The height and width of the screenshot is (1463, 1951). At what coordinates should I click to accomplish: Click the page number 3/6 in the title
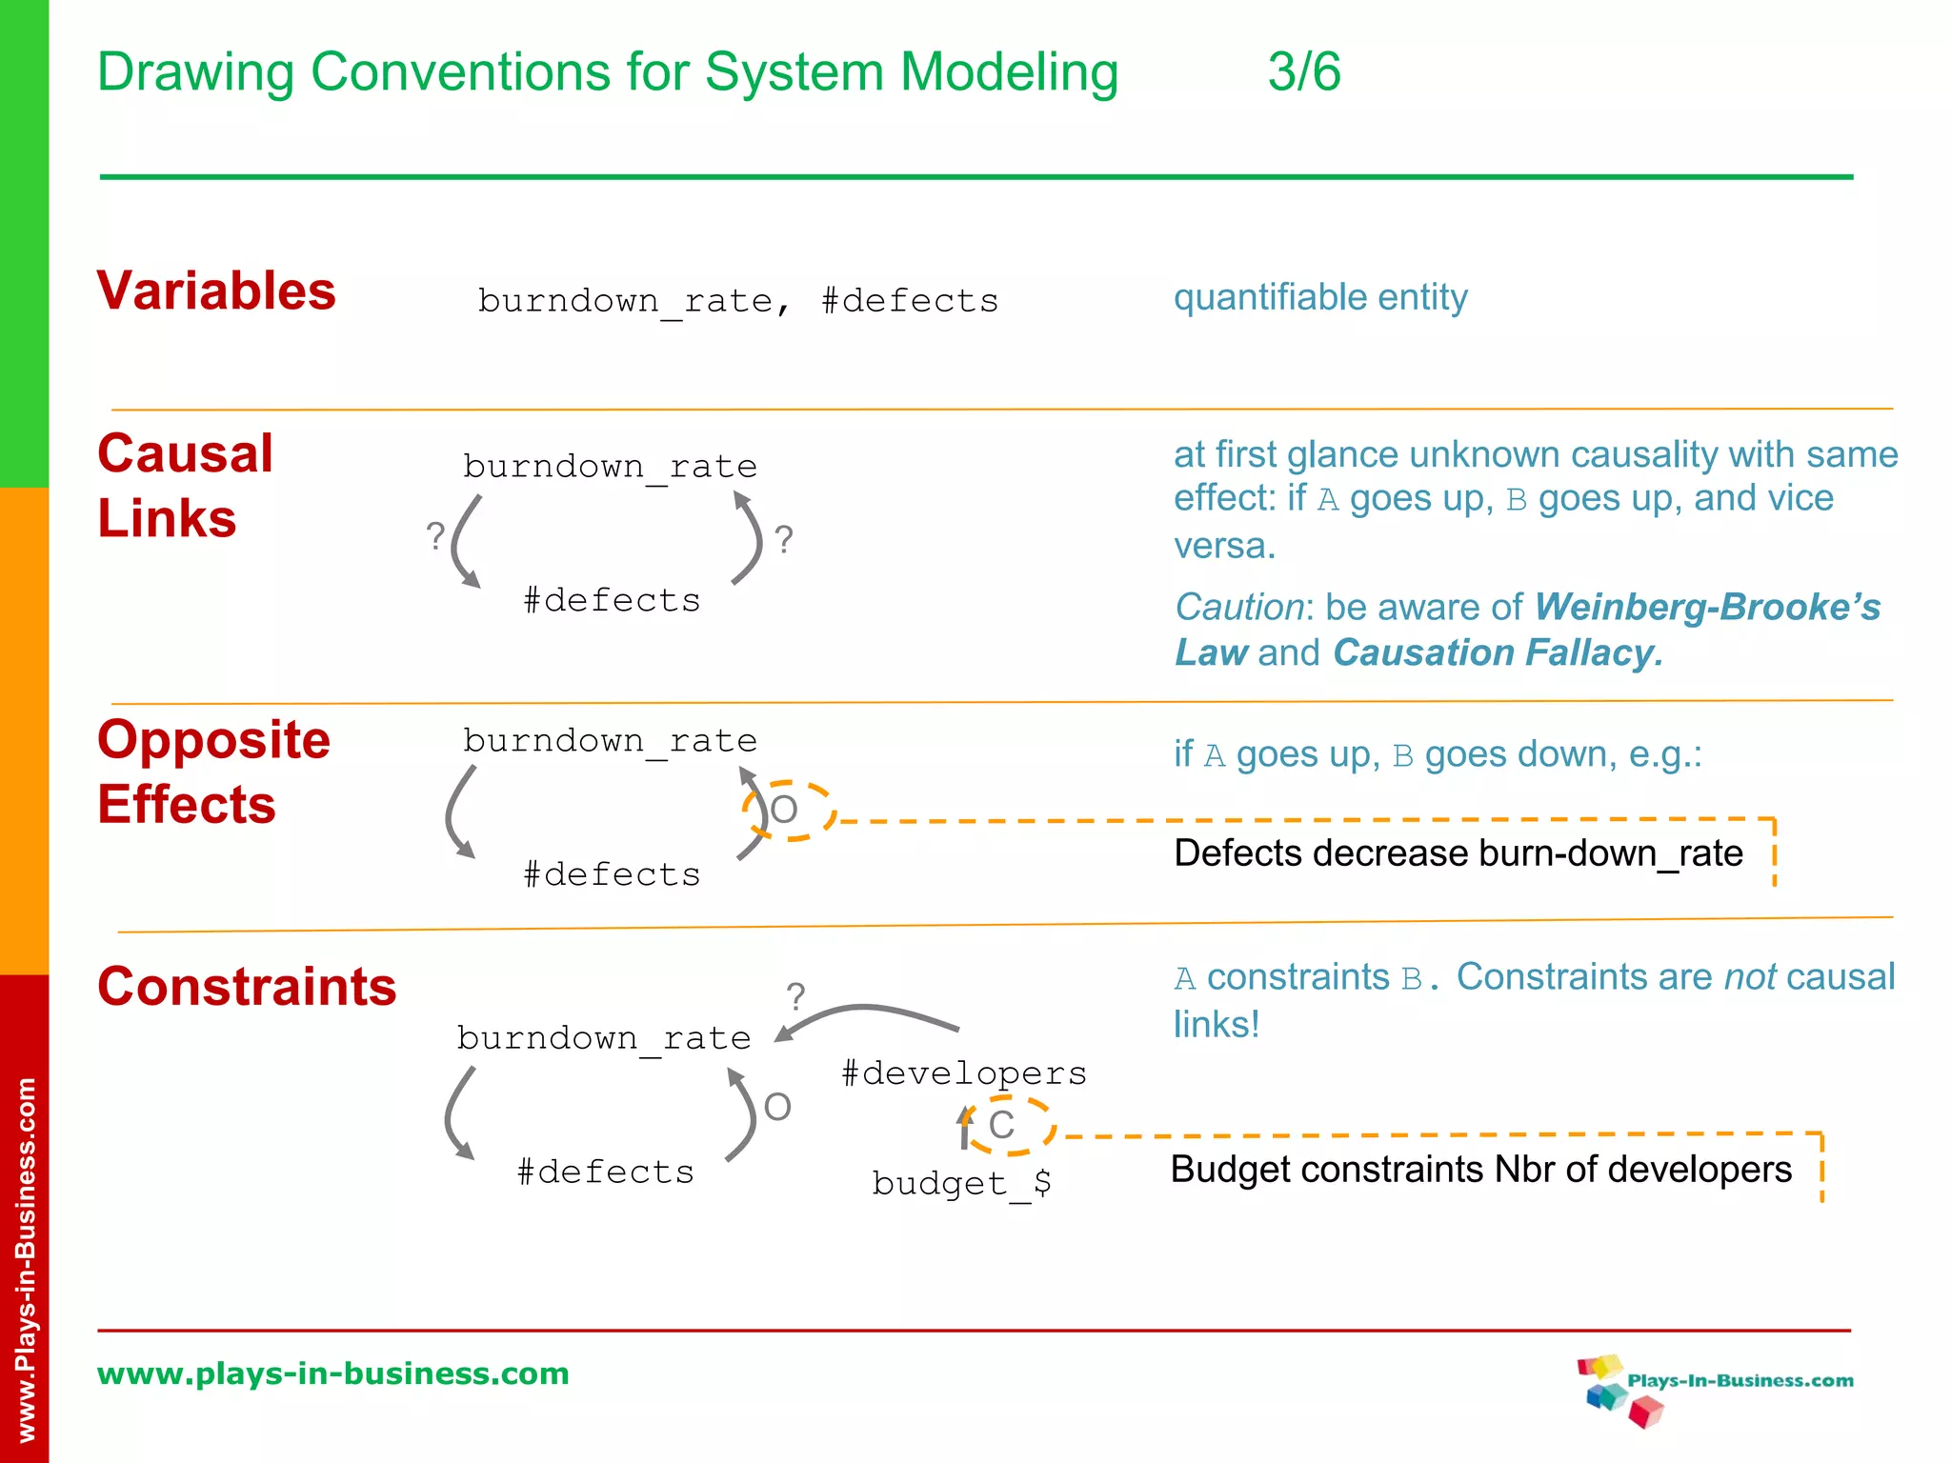(x=1303, y=72)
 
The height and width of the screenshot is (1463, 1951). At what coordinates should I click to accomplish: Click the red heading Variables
(x=216, y=291)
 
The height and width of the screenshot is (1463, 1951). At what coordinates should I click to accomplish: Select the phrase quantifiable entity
(x=1319, y=297)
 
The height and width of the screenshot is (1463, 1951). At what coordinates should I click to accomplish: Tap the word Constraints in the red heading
(x=247, y=986)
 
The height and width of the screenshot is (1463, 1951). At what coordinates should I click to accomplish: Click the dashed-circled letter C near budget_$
(x=1002, y=1125)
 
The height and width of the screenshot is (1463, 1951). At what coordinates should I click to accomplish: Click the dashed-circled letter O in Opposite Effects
(x=784, y=811)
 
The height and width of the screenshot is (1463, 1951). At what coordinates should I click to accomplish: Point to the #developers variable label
(x=963, y=1073)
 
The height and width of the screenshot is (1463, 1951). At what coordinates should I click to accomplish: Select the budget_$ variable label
(x=961, y=1183)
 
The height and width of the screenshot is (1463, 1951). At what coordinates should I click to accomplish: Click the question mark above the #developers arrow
(x=795, y=997)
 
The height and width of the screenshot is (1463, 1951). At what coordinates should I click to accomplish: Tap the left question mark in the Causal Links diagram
(x=435, y=536)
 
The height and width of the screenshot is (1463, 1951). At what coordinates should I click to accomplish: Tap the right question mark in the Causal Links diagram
(x=783, y=540)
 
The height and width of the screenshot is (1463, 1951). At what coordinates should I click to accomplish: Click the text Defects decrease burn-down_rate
(x=1458, y=853)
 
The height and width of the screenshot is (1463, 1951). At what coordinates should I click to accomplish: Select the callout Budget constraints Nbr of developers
(x=1480, y=1170)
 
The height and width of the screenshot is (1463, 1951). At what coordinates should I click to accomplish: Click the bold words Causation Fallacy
(x=1497, y=653)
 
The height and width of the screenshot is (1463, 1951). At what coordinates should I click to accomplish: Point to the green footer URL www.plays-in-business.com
(x=332, y=1373)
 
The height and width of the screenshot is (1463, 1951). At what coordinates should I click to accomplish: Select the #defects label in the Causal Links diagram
(x=612, y=601)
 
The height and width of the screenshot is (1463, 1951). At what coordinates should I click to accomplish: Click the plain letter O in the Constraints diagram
(x=777, y=1107)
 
